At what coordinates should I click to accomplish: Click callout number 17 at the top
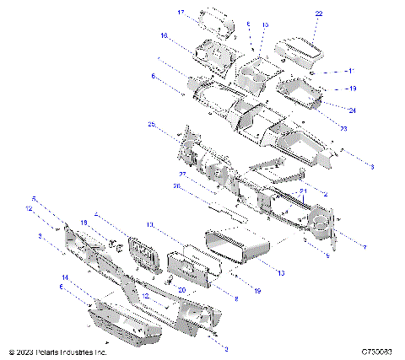click(181, 13)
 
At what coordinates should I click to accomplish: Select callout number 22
click(318, 13)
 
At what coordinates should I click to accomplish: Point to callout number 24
click(352, 110)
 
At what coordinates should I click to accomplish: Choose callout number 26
click(178, 186)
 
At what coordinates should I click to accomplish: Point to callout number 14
click(64, 277)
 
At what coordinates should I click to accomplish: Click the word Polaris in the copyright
click(51, 352)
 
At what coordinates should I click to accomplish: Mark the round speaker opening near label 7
click(321, 223)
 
